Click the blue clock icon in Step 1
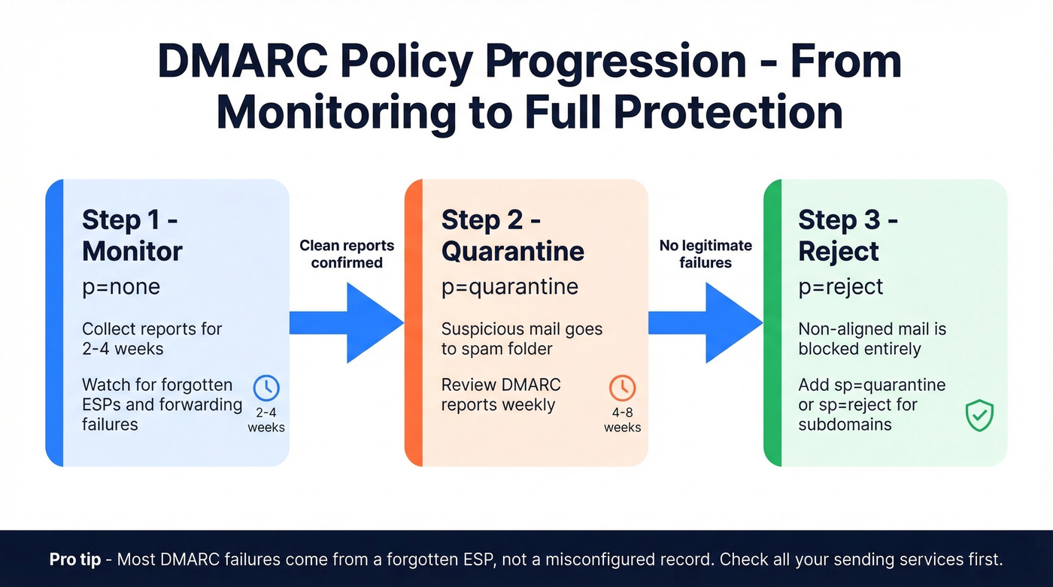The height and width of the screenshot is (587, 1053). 266,389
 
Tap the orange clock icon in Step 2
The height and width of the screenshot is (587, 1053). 622,389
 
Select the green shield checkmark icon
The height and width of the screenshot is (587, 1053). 980,416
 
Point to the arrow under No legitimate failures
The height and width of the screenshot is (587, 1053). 706,323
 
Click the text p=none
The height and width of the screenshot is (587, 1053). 121,287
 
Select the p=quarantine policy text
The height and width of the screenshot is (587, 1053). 509,287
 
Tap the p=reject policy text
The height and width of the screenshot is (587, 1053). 841,287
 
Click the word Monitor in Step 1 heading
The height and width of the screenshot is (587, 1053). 132,251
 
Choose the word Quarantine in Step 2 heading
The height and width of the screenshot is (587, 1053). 512,251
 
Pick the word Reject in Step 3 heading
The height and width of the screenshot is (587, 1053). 839,251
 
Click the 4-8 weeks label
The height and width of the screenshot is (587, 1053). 622,420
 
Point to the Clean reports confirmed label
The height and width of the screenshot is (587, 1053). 347,254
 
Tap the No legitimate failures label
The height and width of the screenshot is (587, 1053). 706,254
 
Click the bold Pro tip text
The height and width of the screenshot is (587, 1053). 75,560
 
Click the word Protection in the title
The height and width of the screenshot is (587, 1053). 728,113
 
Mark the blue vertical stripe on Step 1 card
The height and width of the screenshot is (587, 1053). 54,322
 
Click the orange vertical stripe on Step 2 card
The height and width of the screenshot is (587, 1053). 414,322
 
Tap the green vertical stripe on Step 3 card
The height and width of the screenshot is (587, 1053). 772,322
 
